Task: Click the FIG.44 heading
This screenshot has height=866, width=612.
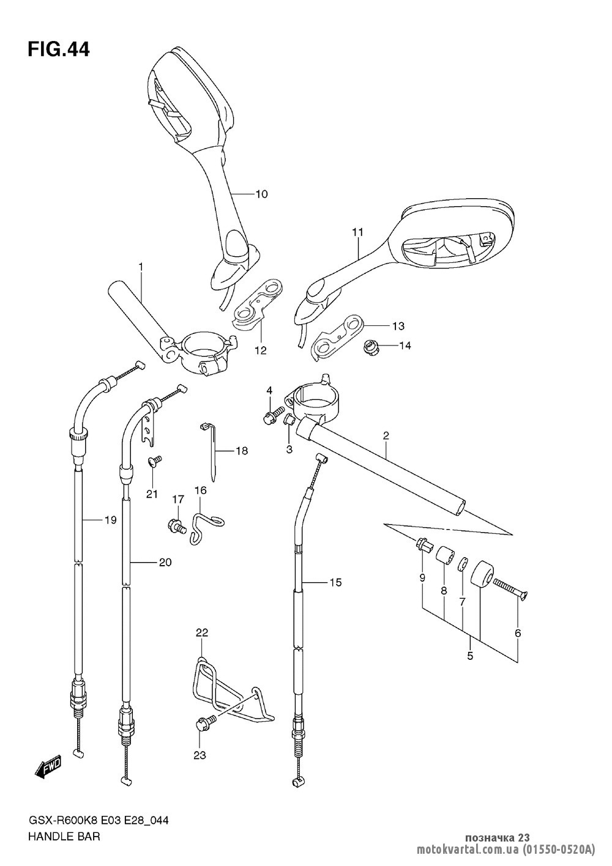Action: click(x=59, y=50)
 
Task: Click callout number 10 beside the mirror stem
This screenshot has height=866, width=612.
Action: click(x=261, y=194)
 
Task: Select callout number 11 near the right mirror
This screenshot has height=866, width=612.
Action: click(x=358, y=233)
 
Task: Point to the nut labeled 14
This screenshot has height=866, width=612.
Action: click(x=372, y=347)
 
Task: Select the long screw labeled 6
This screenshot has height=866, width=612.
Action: click(x=510, y=590)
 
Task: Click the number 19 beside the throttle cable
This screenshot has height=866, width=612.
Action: click(x=110, y=520)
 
